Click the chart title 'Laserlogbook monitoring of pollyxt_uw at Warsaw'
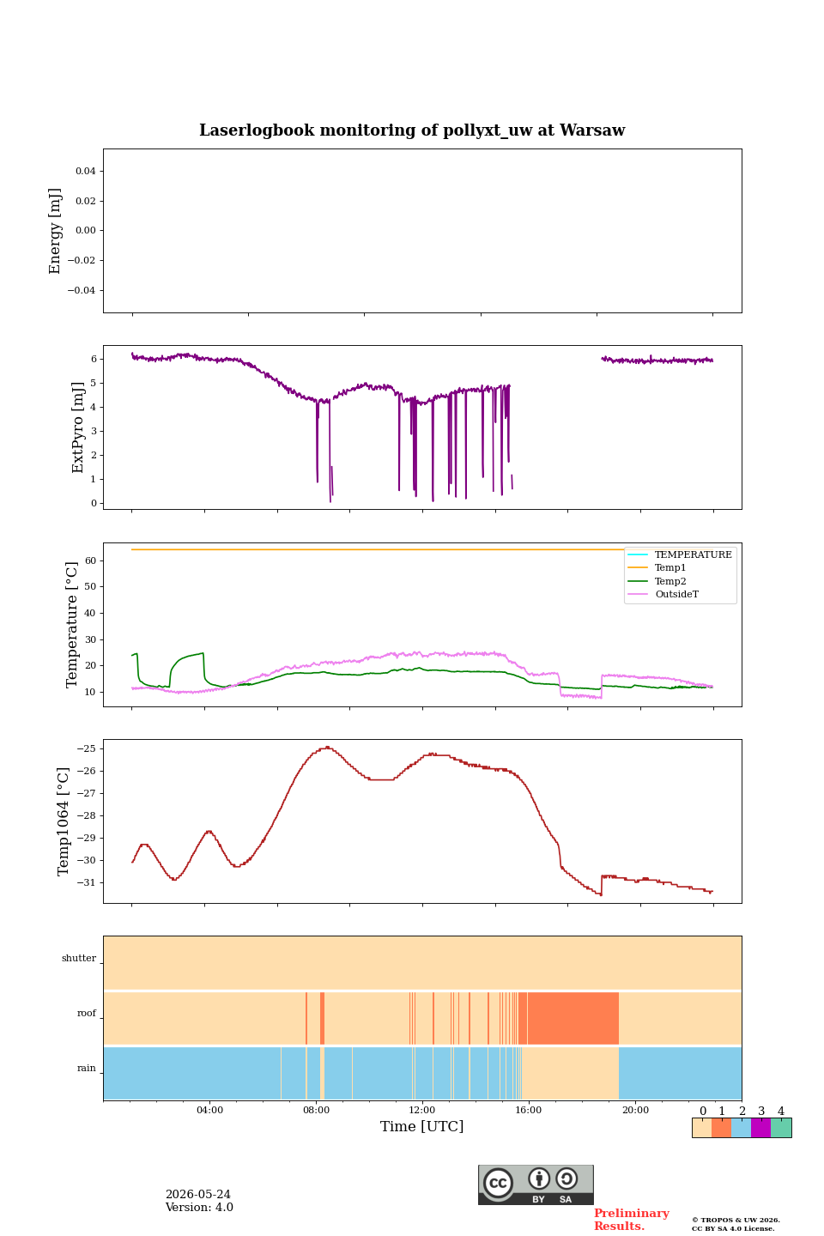[x=412, y=130]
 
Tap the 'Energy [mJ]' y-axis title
[x=55, y=231]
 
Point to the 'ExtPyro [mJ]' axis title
[x=77, y=427]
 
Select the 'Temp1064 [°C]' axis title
[x=63, y=821]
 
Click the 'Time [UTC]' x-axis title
[x=421, y=1126]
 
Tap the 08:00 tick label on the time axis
[x=316, y=1110]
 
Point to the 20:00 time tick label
[x=636, y=1110]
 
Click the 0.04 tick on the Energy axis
[x=86, y=171]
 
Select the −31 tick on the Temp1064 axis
[x=86, y=883]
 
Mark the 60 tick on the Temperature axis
[x=90, y=560]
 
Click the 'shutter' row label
[x=79, y=959]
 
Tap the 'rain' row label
[x=87, y=1069]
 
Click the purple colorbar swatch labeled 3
[x=760, y=1128]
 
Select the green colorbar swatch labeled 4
[x=781, y=1128]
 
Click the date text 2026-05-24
[x=198, y=1195]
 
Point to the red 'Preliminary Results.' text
[x=632, y=1220]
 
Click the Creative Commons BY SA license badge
[x=536, y=1184]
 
